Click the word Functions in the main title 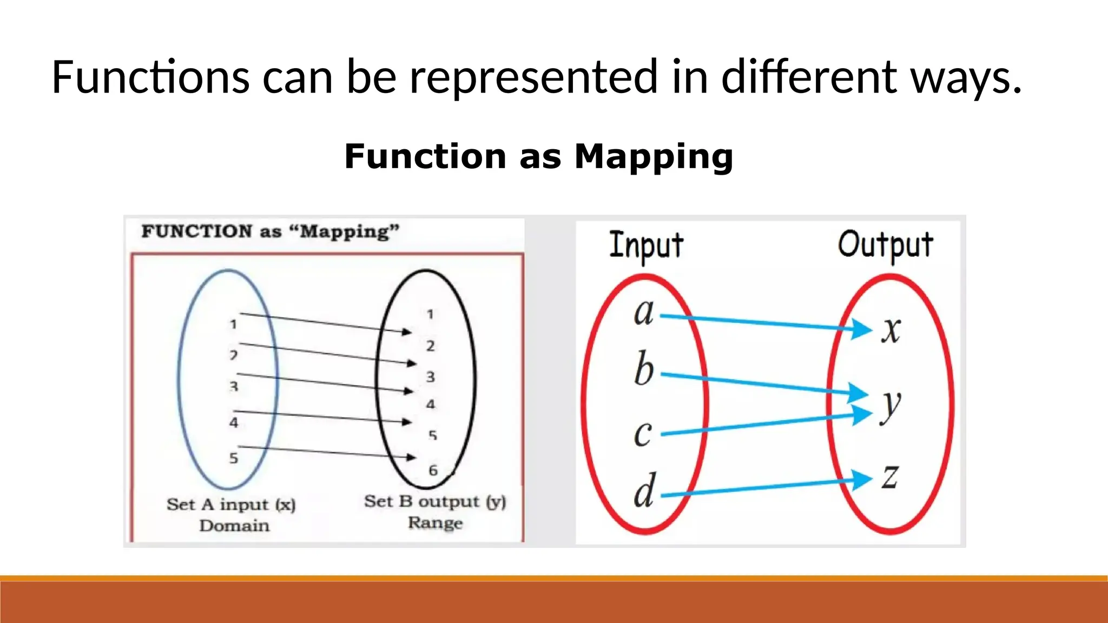click(150, 77)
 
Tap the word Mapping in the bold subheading click(654, 157)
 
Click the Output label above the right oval click(886, 244)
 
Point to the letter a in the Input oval click(644, 313)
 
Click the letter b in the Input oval click(644, 369)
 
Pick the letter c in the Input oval click(643, 433)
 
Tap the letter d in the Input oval click(644, 491)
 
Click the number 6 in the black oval click(433, 470)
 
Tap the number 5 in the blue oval click(233, 458)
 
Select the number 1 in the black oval click(430, 314)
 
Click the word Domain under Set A click(234, 526)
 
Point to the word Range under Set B click(435, 523)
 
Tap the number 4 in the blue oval click(233, 422)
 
